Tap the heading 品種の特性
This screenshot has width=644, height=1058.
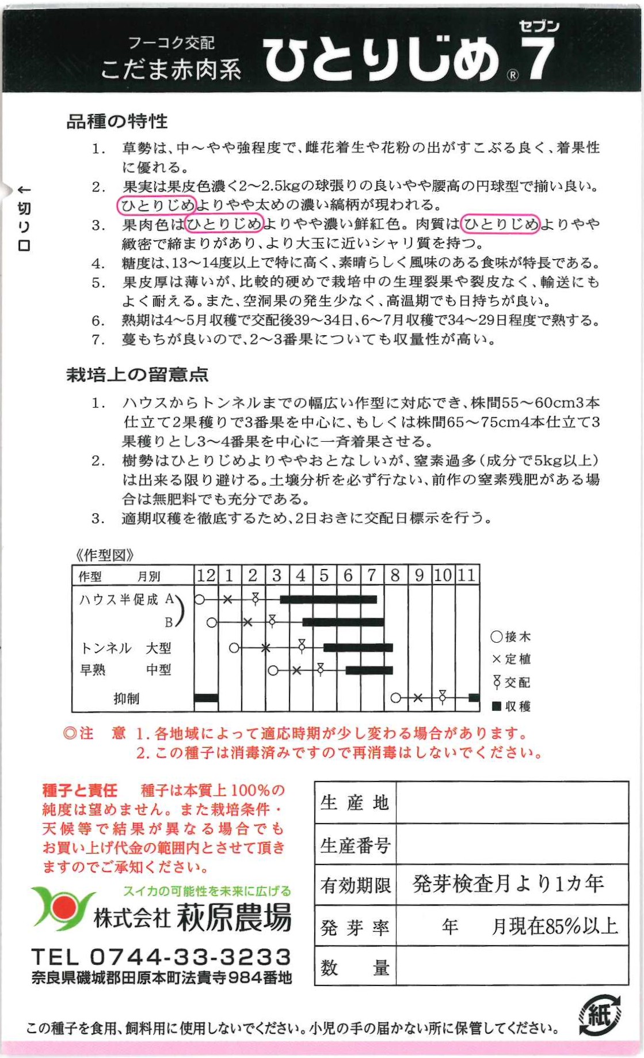[117, 122]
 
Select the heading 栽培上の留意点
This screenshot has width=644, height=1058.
[137, 375]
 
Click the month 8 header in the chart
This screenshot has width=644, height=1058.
[395, 575]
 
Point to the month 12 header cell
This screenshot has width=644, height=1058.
[206, 575]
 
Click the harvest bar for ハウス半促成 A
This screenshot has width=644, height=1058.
[328, 600]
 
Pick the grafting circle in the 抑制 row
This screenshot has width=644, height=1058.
[395, 698]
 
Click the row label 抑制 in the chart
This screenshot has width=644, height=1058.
[126, 699]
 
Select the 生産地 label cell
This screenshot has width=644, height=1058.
[355, 802]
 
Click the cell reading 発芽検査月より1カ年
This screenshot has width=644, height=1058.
[508, 883]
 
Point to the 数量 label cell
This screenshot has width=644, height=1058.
[355, 968]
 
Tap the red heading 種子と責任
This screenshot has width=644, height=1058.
[79, 790]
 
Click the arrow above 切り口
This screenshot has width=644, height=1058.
[24, 189]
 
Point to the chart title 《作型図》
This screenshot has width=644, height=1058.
[105, 555]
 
